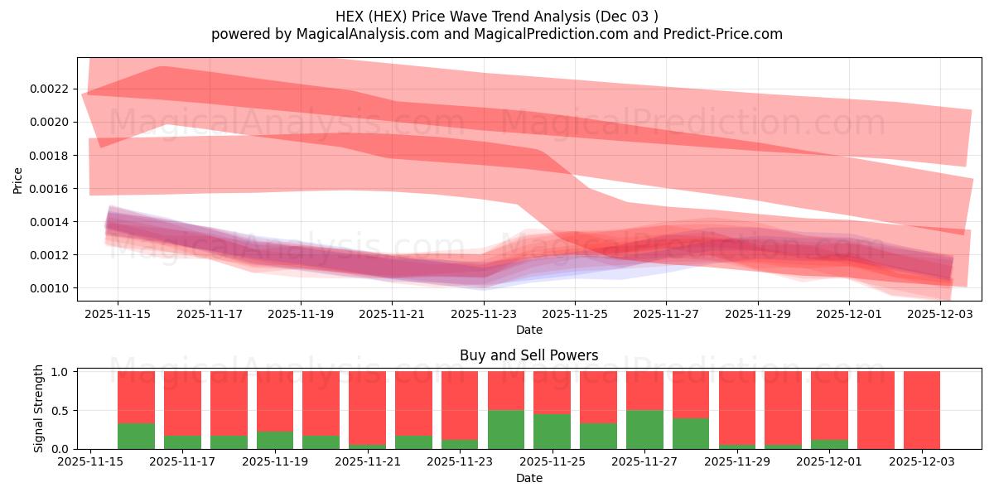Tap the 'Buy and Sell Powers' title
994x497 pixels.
coord(528,355)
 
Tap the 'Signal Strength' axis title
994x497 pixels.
coord(39,409)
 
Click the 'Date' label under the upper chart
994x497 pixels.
coord(529,330)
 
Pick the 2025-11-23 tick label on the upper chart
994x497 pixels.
coord(483,314)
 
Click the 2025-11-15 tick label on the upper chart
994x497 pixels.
coord(118,314)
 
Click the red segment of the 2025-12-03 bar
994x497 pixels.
coord(922,410)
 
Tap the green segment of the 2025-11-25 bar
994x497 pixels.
coord(552,432)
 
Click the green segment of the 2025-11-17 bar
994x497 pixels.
coord(182,442)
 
